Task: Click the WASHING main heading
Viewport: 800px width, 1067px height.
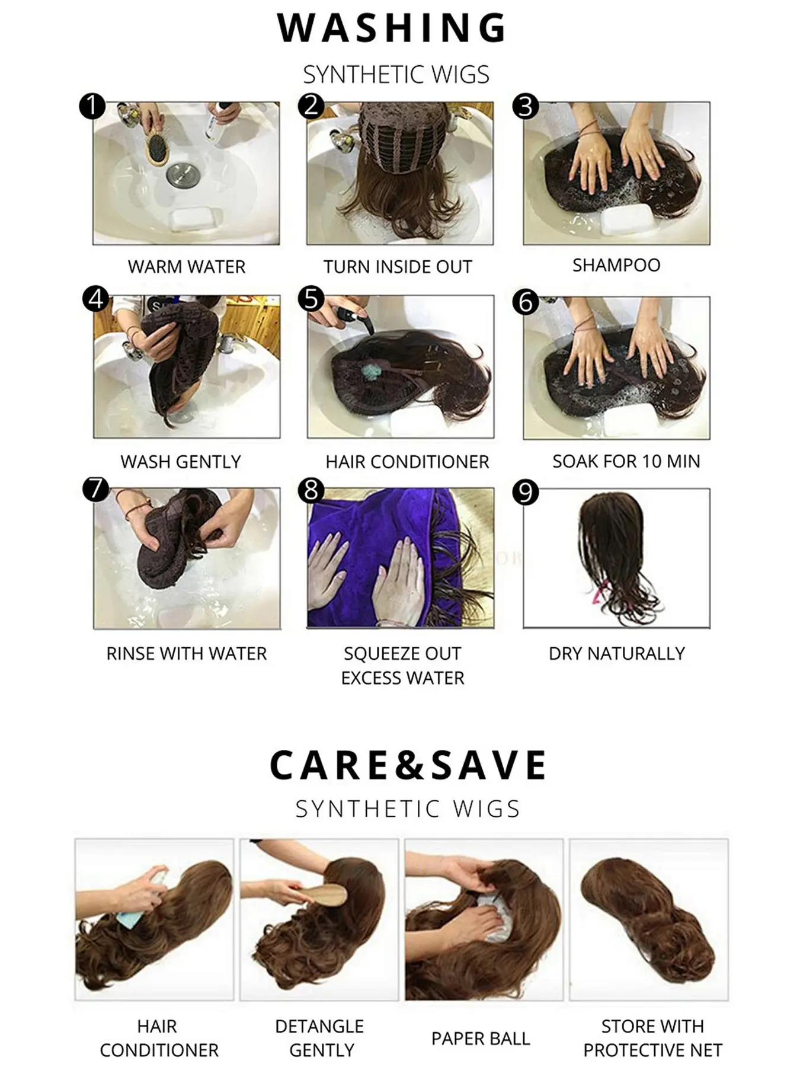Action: pos(392,27)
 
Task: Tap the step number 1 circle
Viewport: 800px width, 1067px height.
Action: pos(92,107)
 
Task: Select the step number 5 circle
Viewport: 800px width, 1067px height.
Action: pos(312,298)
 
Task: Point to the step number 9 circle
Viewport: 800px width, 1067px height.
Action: pos(526,493)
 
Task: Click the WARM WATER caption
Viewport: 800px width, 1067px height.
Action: pos(187,267)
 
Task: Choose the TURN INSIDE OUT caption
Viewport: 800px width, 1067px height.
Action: pos(398,267)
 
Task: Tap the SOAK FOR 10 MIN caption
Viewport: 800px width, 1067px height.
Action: pos(626,461)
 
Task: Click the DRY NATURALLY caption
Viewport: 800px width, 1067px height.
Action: pos(617,653)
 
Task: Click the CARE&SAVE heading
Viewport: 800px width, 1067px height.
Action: pos(408,765)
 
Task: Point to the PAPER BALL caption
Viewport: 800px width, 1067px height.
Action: pos(481,1039)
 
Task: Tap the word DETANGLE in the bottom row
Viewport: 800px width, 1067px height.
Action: pos(319,1026)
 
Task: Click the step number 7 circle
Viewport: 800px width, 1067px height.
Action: pos(96,490)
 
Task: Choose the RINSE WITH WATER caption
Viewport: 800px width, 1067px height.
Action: pos(187,653)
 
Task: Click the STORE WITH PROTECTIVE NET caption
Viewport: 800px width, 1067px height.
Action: pos(652,1038)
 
